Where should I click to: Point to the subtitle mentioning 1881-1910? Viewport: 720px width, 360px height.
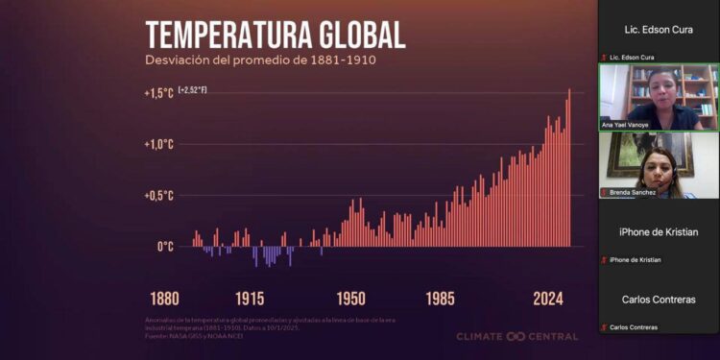(x=260, y=60)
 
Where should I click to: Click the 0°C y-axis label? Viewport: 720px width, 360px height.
(x=164, y=247)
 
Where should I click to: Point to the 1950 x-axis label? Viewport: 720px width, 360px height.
(x=351, y=298)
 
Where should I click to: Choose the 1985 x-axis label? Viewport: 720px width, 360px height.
(x=442, y=298)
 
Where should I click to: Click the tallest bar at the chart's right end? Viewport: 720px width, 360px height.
(x=568, y=168)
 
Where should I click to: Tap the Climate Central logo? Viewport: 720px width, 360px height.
(x=516, y=337)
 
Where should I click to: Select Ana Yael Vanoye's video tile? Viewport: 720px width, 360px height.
(x=659, y=96)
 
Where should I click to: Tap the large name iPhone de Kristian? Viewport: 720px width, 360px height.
(x=659, y=232)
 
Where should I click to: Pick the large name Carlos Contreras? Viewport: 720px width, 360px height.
(x=659, y=300)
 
